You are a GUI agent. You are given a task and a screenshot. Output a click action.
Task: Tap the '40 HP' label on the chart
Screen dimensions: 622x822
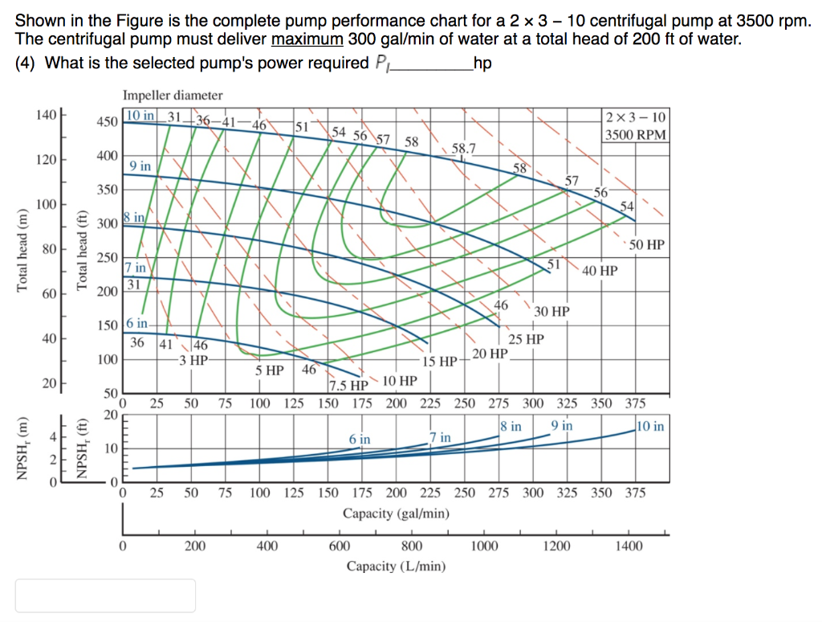(600, 271)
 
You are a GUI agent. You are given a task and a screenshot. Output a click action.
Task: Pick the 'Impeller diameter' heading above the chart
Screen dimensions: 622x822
(173, 96)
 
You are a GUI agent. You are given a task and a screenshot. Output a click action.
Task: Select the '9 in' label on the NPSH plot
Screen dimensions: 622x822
(562, 425)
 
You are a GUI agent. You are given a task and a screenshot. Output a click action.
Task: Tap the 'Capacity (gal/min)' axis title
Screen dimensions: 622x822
(396, 513)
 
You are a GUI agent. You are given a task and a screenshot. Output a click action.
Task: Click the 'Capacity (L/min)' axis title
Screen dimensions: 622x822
(396, 566)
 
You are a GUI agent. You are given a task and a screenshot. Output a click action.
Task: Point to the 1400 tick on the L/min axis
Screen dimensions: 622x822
(629, 546)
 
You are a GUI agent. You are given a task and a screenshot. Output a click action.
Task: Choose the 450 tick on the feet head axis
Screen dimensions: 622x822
(108, 122)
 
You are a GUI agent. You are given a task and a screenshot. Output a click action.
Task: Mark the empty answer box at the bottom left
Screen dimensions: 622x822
(105, 595)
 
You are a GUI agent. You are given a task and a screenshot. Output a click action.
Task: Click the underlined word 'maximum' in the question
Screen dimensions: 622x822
(307, 39)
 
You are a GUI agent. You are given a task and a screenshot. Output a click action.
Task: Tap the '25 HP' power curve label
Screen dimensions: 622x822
(526, 339)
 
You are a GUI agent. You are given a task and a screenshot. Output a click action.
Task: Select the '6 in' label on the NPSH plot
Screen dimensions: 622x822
(360, 439)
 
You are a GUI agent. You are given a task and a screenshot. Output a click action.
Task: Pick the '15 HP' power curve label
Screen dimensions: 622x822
(439, 361)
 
